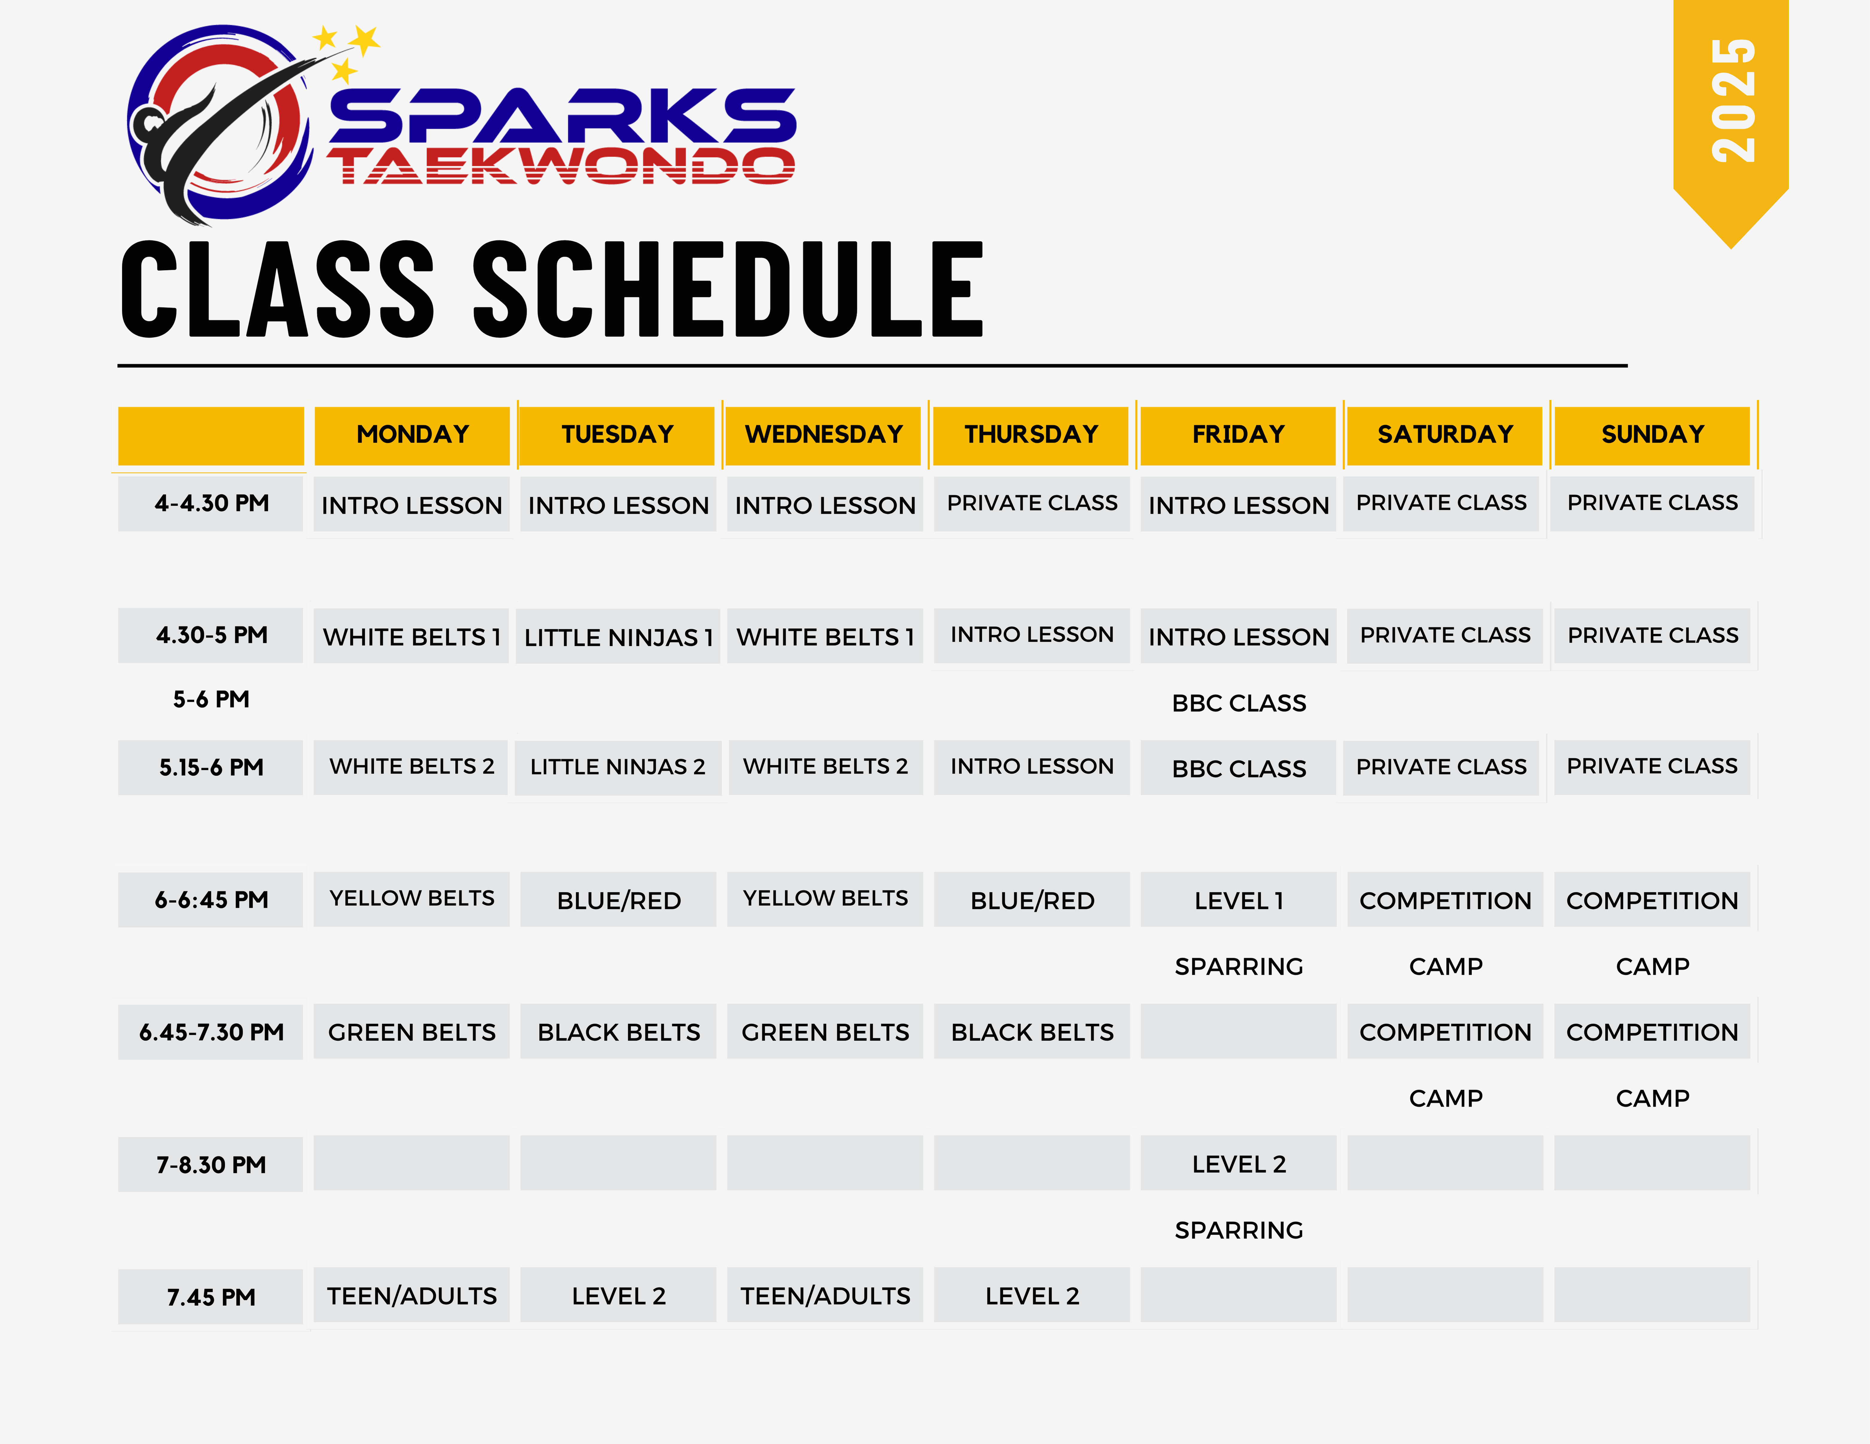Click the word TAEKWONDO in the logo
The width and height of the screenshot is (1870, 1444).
point(561,166)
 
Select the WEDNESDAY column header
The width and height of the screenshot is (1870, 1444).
point(824,435)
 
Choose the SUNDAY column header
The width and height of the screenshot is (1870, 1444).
point(1652,435)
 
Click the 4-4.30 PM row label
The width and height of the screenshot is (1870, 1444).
point(212,503)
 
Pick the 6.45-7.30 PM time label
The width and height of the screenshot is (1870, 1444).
point(212,1032)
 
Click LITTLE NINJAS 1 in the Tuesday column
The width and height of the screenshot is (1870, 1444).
point(618,638)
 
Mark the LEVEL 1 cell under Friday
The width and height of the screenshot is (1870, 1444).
point(1239,900)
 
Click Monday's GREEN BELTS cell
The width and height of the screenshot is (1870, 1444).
point(412,1032)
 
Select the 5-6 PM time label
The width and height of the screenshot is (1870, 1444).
point(212,699)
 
